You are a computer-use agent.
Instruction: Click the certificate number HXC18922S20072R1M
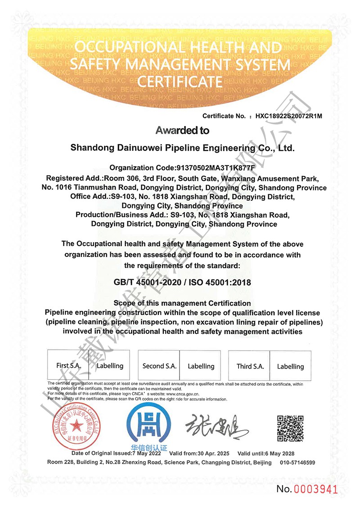pos(289,116)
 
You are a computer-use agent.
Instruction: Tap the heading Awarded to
pos(182,131)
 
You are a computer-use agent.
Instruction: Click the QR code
pos(290,428)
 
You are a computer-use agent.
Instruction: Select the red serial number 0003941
pos(315,489)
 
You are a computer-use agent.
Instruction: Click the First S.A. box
pos(69,366)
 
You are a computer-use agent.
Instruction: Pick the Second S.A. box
pos(159,366)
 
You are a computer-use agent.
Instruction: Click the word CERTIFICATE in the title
pos(180,82)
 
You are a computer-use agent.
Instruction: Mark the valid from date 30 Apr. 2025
pos(212,454)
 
